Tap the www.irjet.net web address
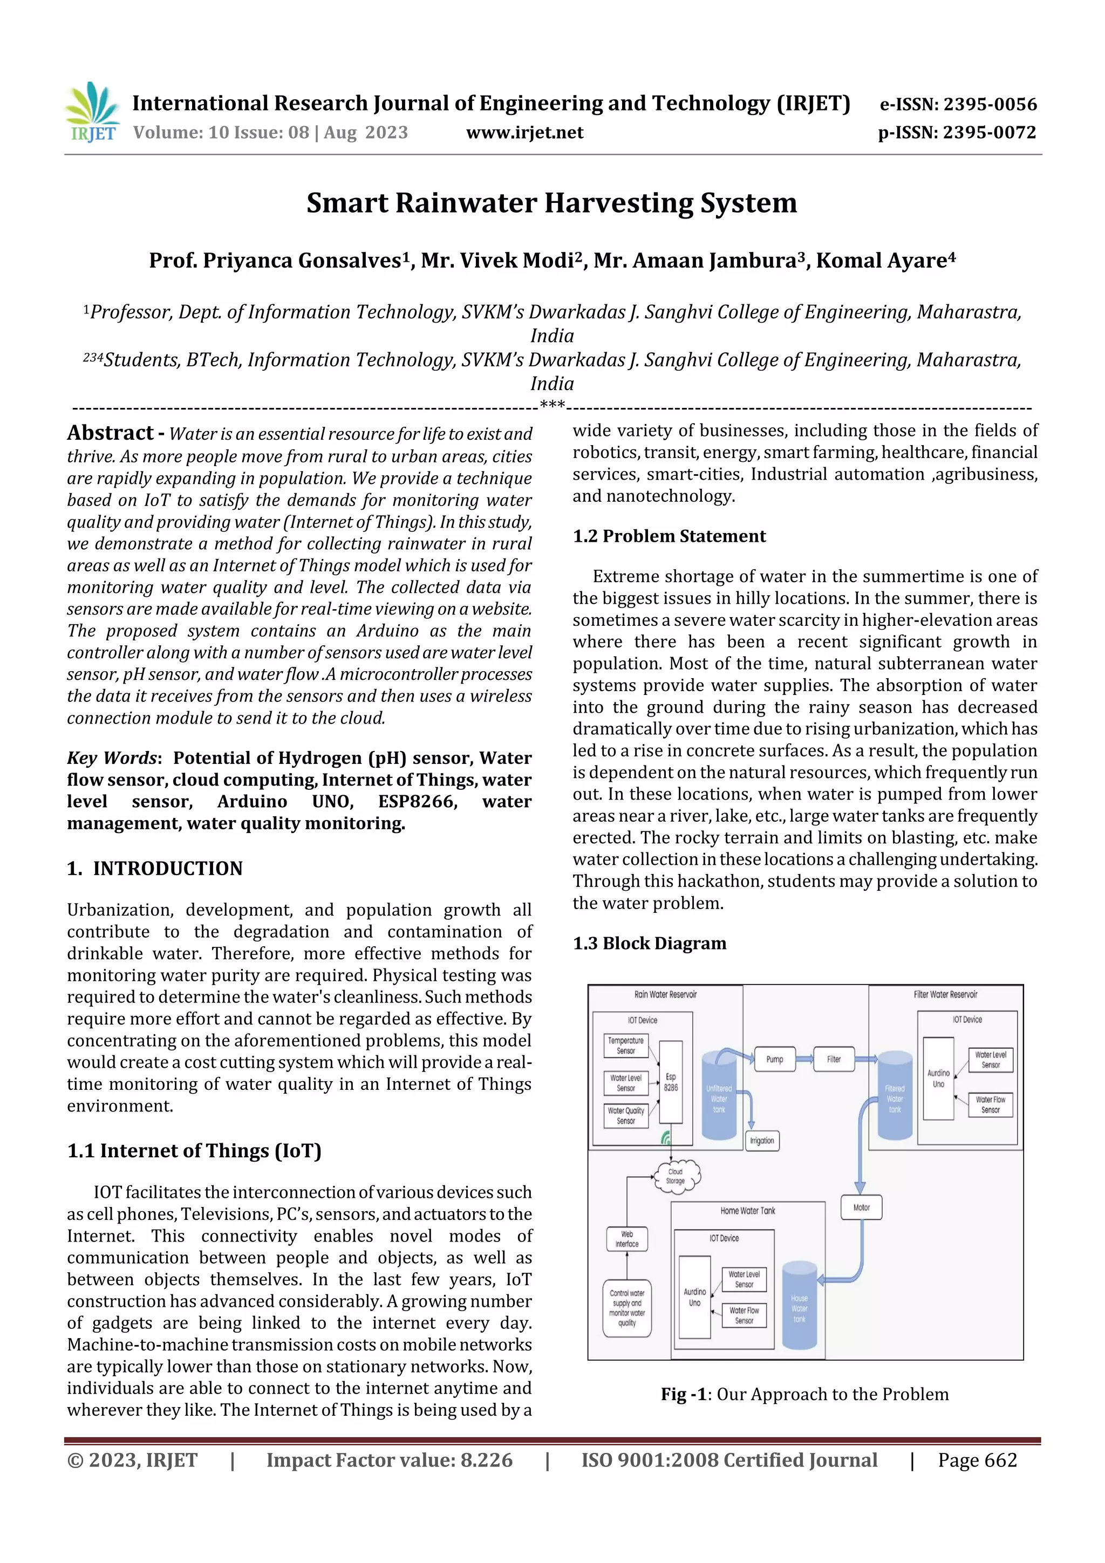[x=524, y=132]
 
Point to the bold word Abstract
[x=110, y=433]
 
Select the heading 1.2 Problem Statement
[x=669, y=536]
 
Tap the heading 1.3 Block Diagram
[x=649, y=943]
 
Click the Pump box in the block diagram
[x=775, y=1059]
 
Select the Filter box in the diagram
[x=834, y=1059]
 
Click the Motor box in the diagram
[x=861, y=1207]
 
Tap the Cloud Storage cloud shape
[x=676, y=1176]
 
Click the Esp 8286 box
[x=671, y=1082]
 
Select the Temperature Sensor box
[x=626, y=1046]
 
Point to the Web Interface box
[x=626, y=1238]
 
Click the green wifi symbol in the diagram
[x=666, y=1137]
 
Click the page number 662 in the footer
[x=1000, y=1459]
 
